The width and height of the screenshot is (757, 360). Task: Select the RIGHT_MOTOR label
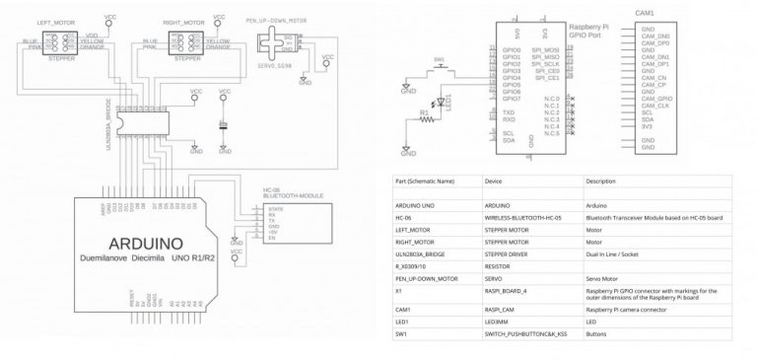[x=184, y=20]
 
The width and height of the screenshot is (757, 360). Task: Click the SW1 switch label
[x=440, y=59]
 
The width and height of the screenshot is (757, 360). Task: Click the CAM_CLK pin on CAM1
[x=655, y=106]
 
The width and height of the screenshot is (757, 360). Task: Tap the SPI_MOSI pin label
[x=548, y=47]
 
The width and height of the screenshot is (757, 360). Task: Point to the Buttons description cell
[x=595, y=334]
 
